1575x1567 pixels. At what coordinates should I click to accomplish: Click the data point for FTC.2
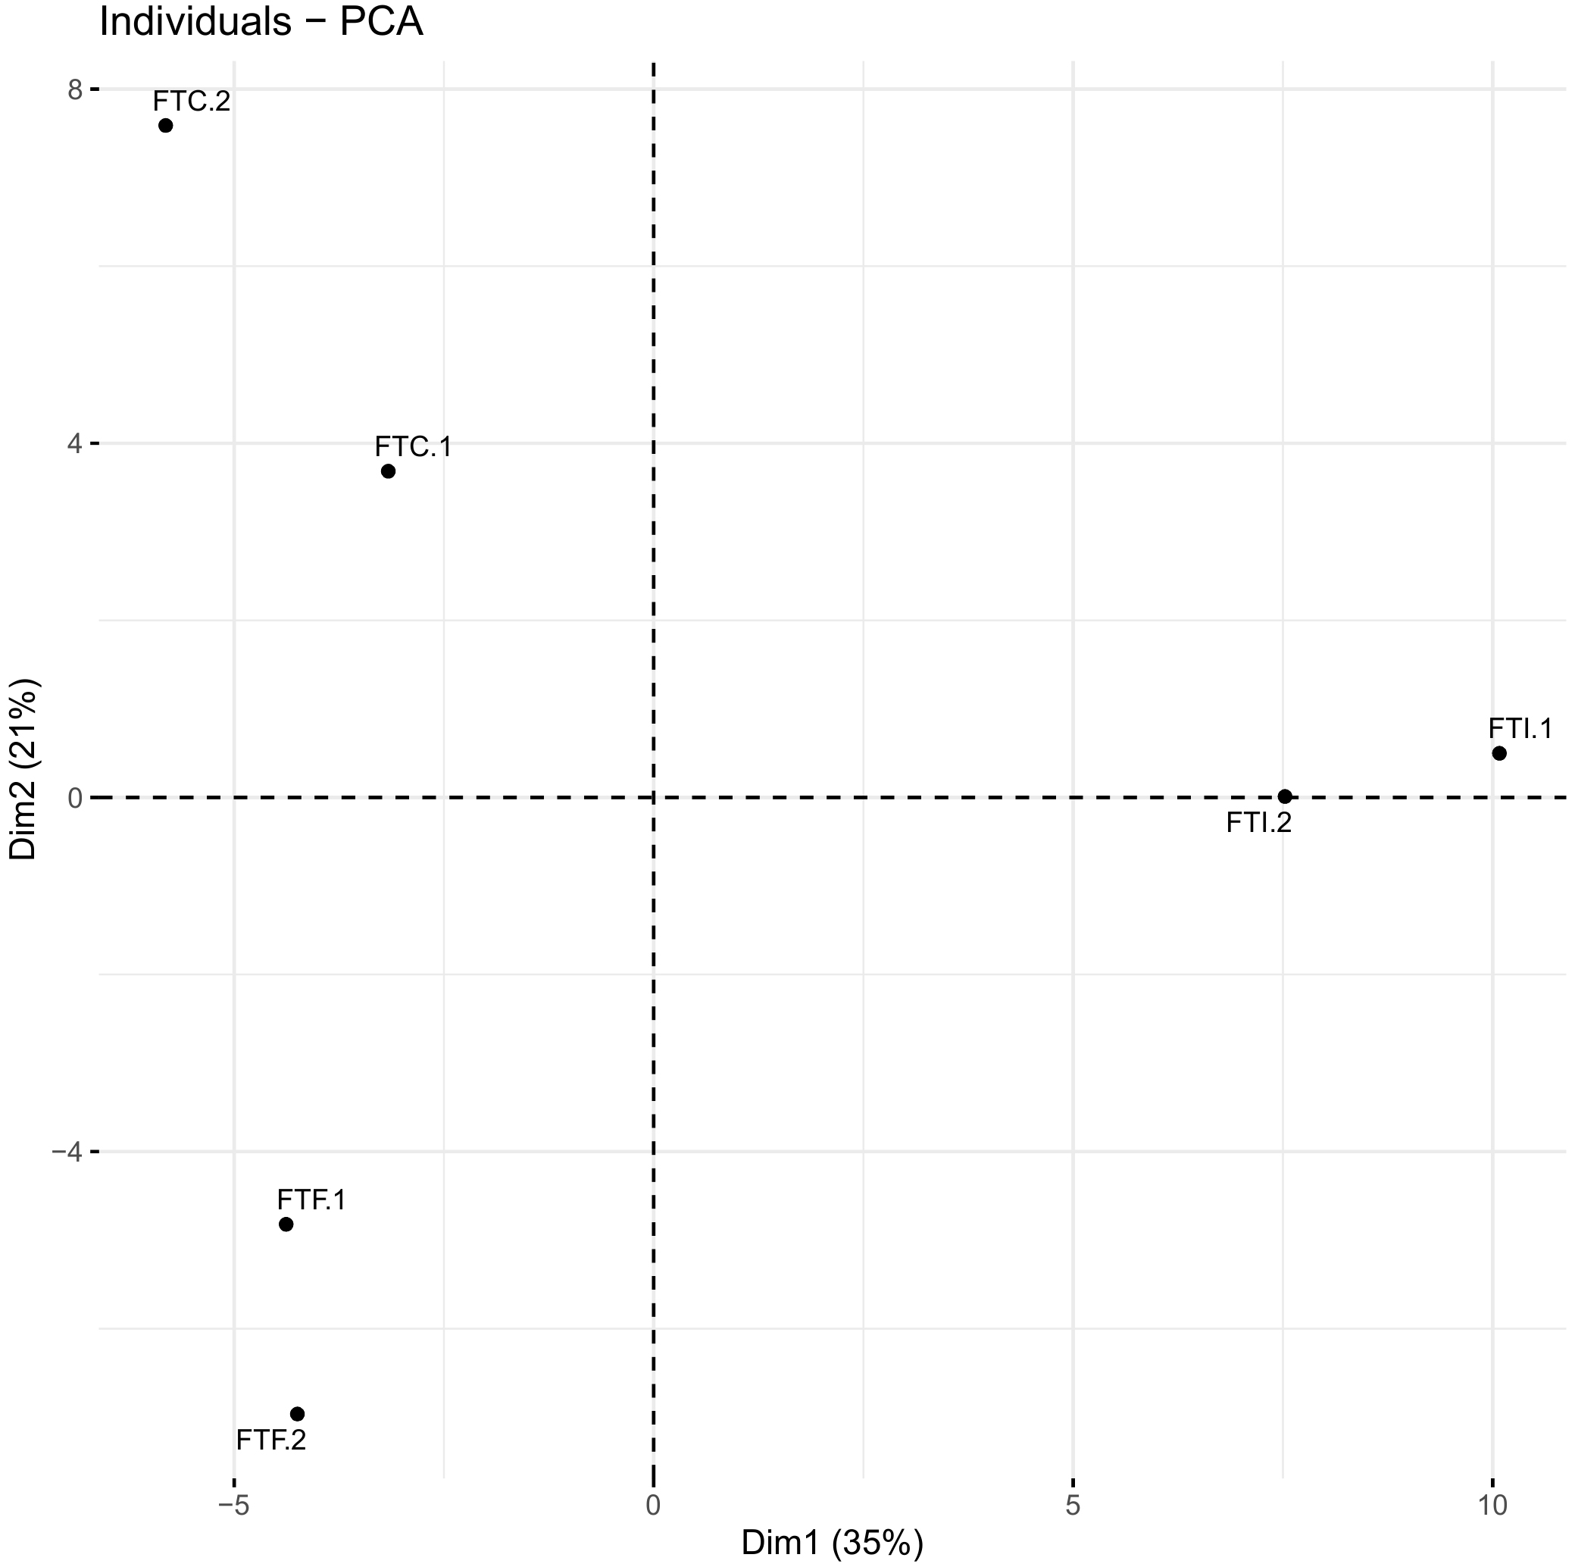pos(165,126)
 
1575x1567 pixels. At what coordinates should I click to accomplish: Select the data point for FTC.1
pos(388,471)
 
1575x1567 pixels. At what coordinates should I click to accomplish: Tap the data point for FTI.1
pos(1499,753)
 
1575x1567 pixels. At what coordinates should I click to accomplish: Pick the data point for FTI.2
pos(1285,796)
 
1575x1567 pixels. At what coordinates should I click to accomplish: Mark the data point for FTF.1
pos(286,1224)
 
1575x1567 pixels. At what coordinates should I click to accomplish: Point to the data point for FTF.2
pos(298,1414)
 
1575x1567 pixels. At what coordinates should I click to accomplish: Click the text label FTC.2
pos(192,101)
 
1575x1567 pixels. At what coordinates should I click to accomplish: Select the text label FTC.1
pos(414,447)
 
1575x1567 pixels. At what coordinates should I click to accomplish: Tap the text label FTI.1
pos(1521,728)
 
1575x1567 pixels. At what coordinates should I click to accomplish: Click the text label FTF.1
pos(311,1199)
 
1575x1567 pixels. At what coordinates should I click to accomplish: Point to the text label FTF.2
pos(271,1440)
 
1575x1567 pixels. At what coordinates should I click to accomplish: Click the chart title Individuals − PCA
pos(261,22)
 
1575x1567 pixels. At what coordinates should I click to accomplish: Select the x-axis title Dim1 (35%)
pos(833,1543)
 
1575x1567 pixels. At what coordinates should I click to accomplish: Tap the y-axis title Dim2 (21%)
pos(23,758)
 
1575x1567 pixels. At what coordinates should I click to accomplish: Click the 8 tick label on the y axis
pos(76,89)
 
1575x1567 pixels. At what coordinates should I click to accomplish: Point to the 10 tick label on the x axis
pos(1492,1506)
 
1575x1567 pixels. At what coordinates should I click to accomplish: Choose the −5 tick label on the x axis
pos(234,1506)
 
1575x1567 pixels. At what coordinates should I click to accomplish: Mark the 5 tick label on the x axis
pos(1073,1506)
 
